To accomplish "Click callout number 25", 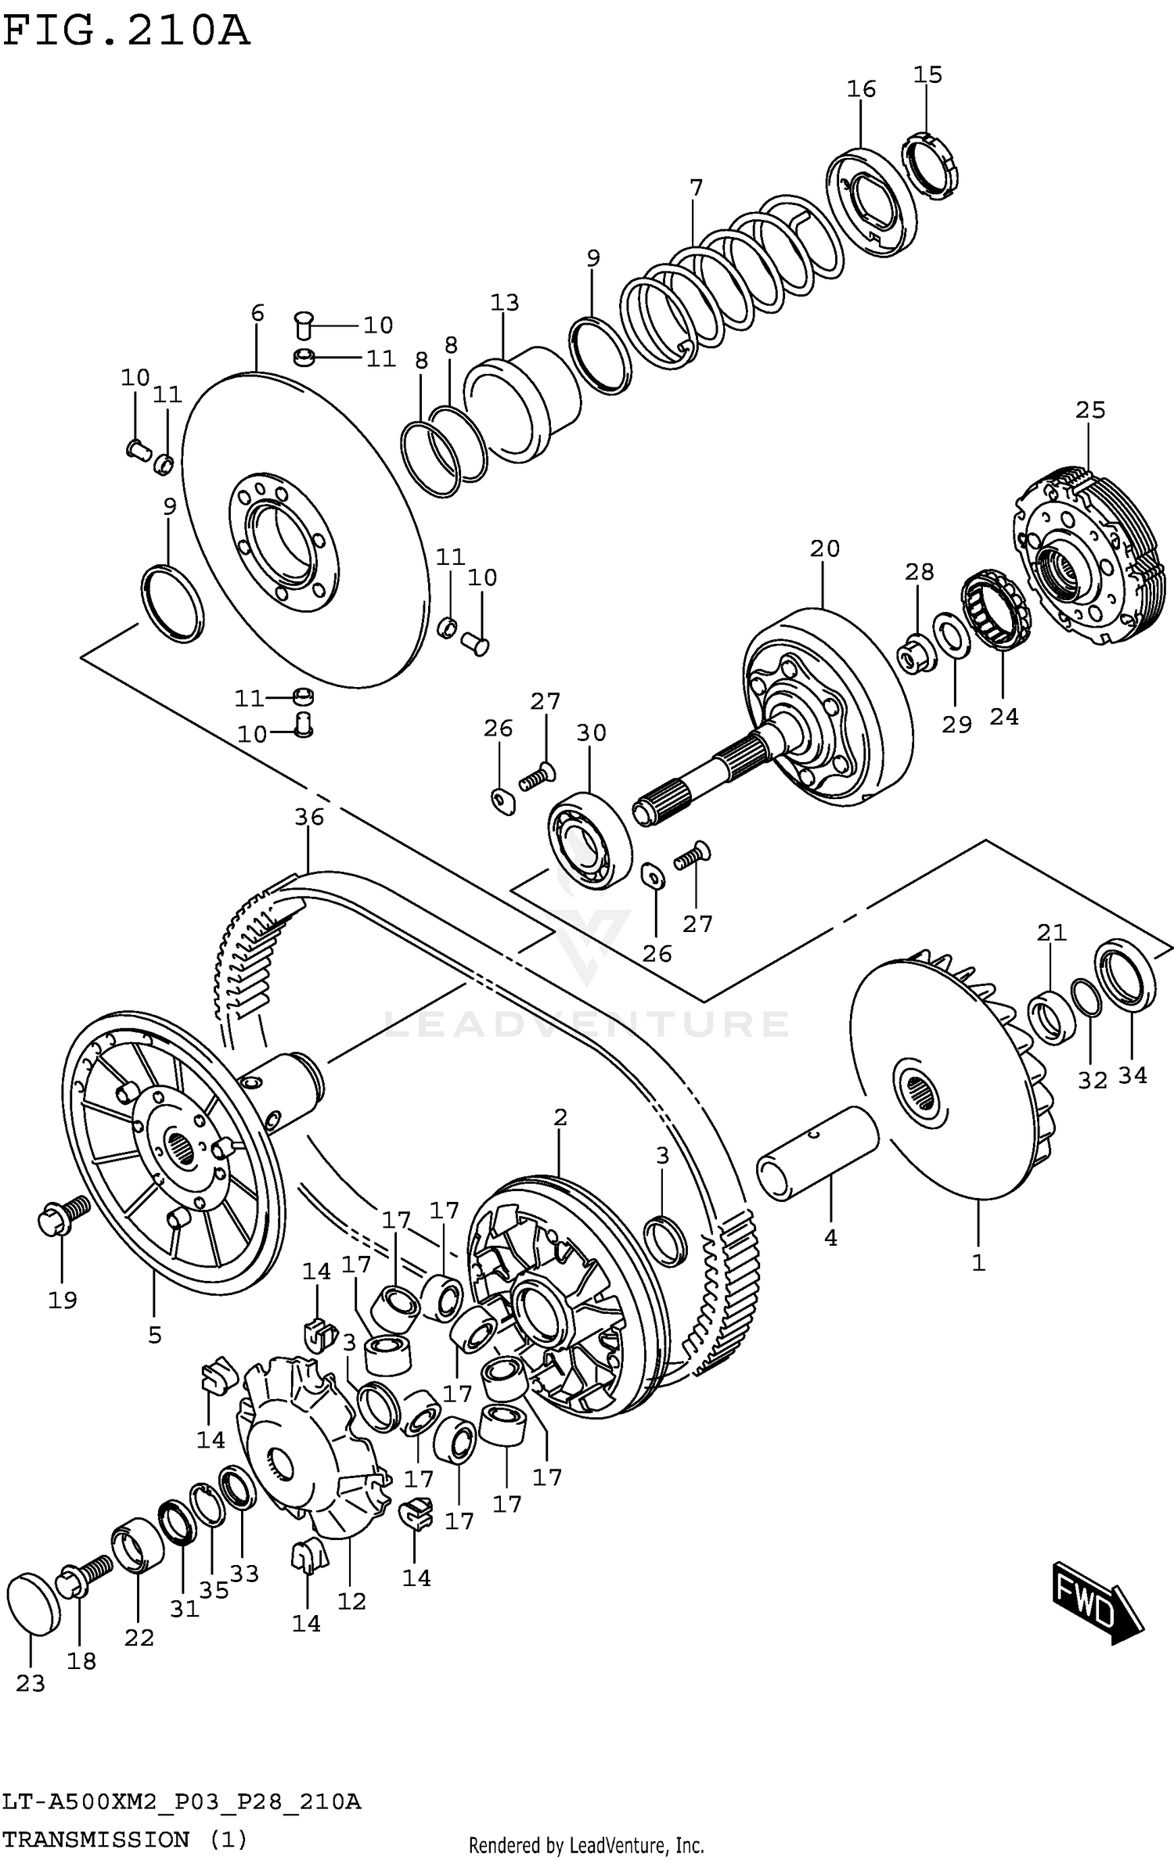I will pos(1089,410).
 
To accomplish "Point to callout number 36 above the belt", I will pos(309,817).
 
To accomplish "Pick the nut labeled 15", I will pos(931,164).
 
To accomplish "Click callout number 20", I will pos(824,549).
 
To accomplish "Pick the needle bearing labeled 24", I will pos(996,610).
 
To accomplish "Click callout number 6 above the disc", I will pos(257,314).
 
